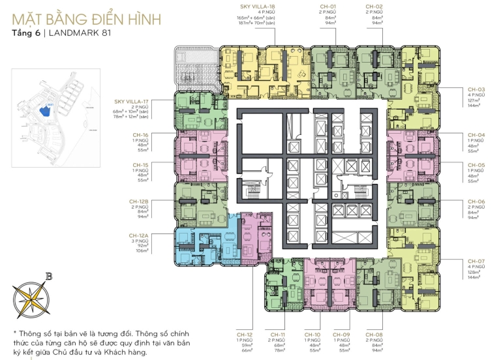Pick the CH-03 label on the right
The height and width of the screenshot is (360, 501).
[476, 89]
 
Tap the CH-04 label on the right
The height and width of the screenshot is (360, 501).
[476, 134]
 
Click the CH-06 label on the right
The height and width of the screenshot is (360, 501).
[476, 202]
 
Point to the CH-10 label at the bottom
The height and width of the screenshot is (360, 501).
[312, 333]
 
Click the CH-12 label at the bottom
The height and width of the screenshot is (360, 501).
[244, 333]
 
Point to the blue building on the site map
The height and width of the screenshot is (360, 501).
[45, 111]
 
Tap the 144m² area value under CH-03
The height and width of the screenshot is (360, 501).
[476, 105]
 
